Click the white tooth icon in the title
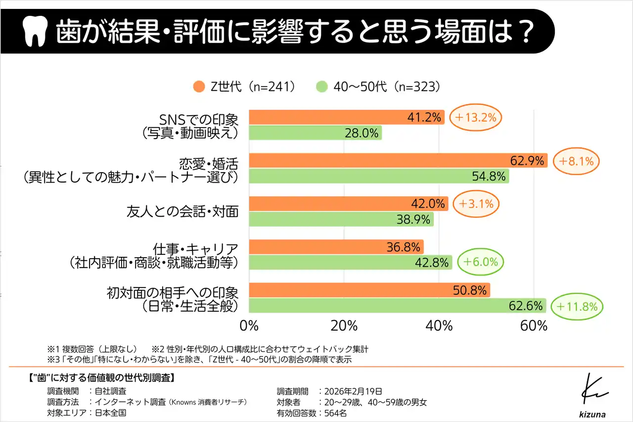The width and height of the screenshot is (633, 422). tap(35, 31)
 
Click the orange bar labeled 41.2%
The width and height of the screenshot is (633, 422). tap(346, 117)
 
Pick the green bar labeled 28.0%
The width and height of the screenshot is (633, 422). tap(315, 133)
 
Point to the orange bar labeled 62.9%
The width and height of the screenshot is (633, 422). tap(398, 160)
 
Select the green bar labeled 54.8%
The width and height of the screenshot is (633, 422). tap(379, 176)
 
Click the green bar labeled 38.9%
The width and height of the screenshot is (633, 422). tap(341, 219)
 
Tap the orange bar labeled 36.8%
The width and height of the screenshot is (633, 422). tap(336, 247)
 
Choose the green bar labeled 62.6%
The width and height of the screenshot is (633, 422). tap(397, 306)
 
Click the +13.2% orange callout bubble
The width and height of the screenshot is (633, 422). tap(476, 117)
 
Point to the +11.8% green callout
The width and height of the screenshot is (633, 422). tap(577, 306)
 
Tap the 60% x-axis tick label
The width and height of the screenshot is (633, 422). tap(534, 326)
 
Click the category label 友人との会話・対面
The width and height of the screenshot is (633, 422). tap(182, 212)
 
